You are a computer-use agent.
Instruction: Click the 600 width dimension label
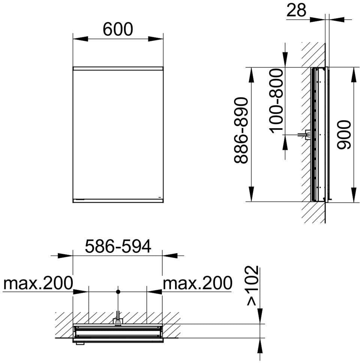pyautogui.click(x=118, y=29)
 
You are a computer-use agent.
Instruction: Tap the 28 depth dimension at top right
pyautogui.click(x=296, y=10)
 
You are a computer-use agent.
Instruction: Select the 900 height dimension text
pyautogui.click(x=344, y=135)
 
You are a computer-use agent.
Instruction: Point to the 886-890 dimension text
pyautogui.click(x=241, y=130)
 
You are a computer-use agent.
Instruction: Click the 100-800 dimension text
pyautogui.click(x=276, y=101)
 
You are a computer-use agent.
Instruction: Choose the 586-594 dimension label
pyautogui.click(x=118, y=246)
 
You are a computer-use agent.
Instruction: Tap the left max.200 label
pyautogui.click(x=38, y=283)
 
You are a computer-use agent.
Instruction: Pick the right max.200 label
pyautogui.click(x=198, y=283)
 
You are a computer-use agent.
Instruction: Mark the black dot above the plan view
pyautogui.click(x=118, y=292)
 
